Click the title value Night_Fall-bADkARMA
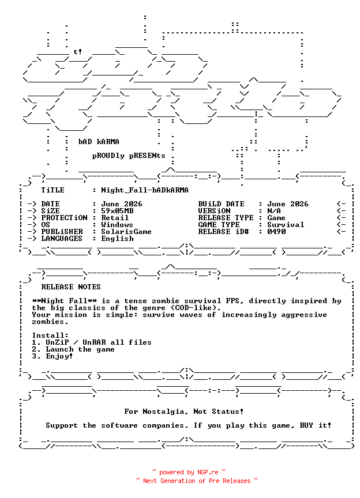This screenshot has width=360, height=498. pyautogui.click(x=145, y=190)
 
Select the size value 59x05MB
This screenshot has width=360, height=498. pyautogui.click(x=117, y=211)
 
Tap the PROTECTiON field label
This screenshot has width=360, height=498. pyautogui.click(x=64, y=218)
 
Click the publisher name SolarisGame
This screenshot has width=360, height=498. pyautogui.click(x=126, y=232)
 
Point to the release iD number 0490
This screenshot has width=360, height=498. pyautogui.click(x=276, y=232)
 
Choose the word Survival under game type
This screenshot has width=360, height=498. pyautogui.click(x=286, y=225)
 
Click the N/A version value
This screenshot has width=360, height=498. pyautogui.click(x=274, y=211)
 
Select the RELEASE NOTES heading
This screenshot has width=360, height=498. pyautogui.click(x=71, y=287)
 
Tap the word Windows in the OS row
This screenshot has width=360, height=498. pyautogui.click(x=117, y=225)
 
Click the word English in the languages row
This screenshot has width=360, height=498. pyautogui.click(x=117, y=239)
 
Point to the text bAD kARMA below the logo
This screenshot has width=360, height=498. pyautogui.click(x=99, y=142)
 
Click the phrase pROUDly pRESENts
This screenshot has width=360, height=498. pyautogui.click(x=129, y=156)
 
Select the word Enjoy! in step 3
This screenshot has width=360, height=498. pyautogui.click(x=59, y=356)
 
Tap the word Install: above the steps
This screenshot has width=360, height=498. pyautogui.click(x=50, y=335)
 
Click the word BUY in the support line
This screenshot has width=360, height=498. pyautogui.click(x=306, y=425)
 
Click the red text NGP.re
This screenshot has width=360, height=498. pyautogui.click(x=208, y=472)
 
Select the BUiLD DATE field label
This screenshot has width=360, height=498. pyautogui.click(x=222, y=204)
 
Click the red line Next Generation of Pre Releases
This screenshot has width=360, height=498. pyautogui.click(x=197, y=481)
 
